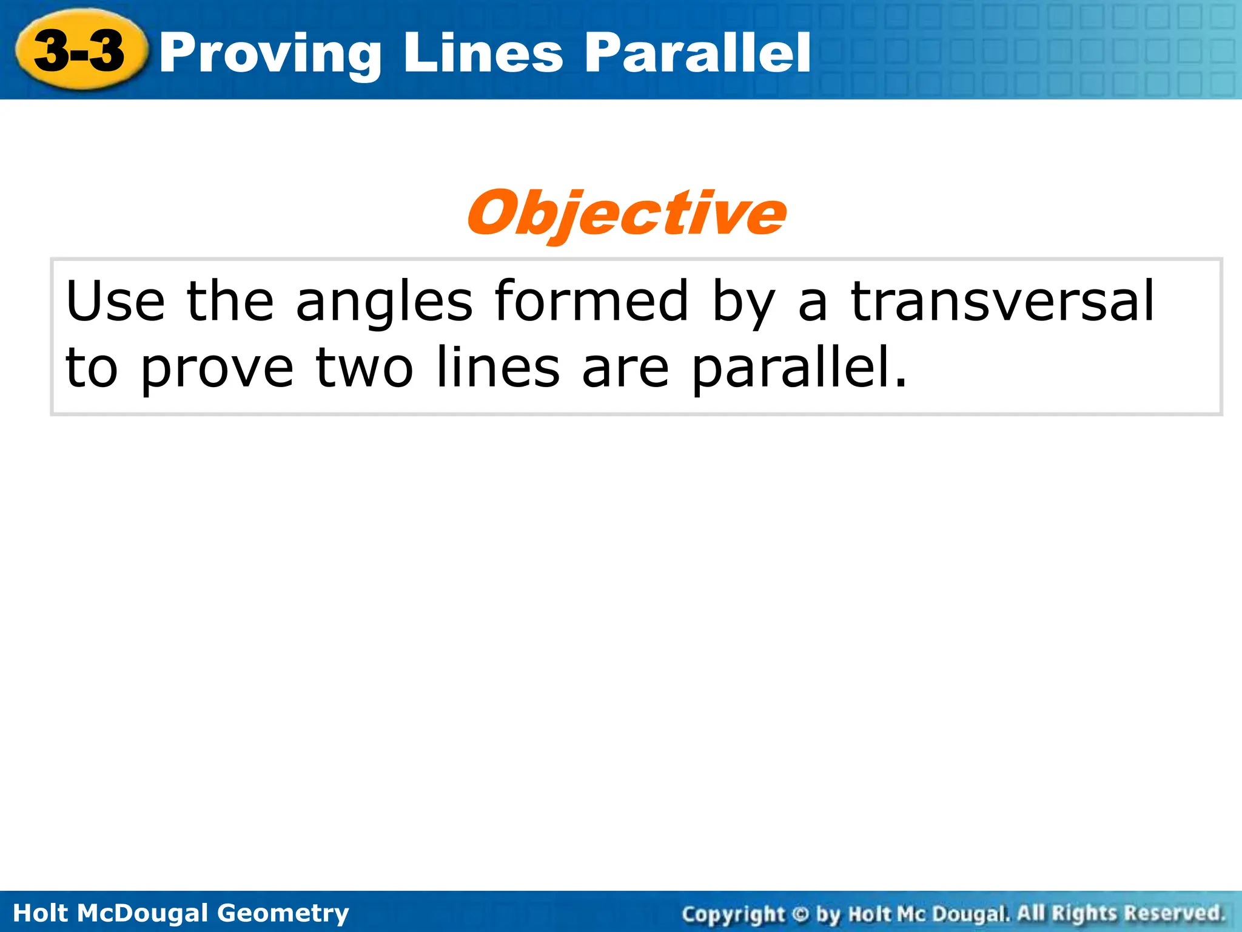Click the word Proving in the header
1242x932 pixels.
pos(270,55)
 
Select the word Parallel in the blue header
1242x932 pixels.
pos(697,55)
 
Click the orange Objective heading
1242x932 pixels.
pos(626,214)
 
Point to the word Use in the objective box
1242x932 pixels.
pos(115,302)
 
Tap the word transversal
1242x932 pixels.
pos(1002,302)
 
